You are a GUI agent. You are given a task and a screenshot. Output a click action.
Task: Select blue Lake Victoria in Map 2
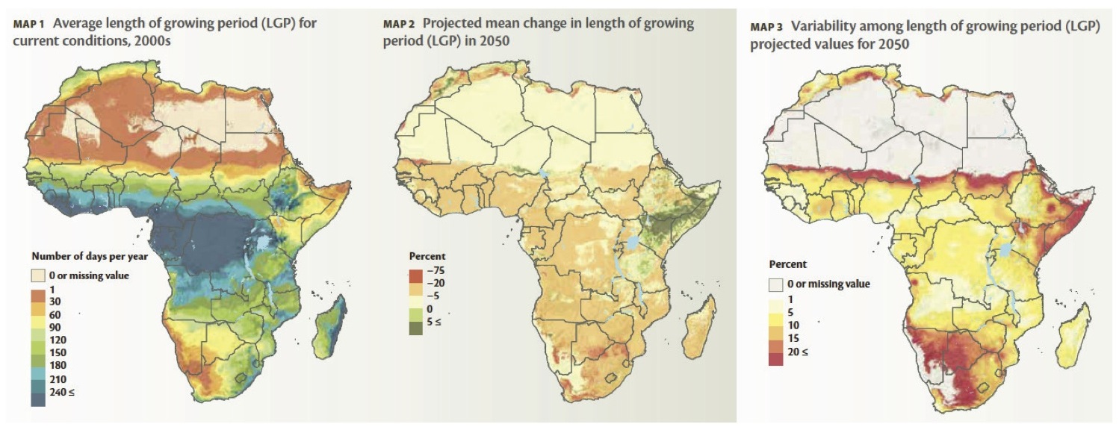632,243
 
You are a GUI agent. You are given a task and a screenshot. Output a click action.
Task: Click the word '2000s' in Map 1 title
153,40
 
